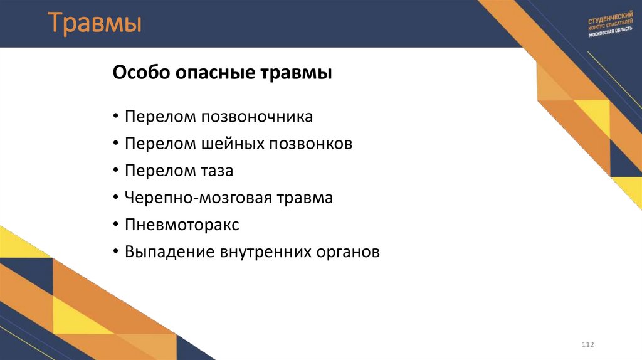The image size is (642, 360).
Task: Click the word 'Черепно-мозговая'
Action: tap(197, 198)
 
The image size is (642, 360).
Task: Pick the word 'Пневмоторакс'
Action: tap(182, 225)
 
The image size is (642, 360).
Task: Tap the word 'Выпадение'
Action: tap(169, 252)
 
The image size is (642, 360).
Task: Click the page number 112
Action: tap(587, 346)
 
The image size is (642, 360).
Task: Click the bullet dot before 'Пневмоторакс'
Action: tap(117, 225)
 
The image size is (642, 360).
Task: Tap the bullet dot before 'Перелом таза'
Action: tap(117, 171)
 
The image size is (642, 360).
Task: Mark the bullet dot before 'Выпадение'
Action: tap(117, 252)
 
